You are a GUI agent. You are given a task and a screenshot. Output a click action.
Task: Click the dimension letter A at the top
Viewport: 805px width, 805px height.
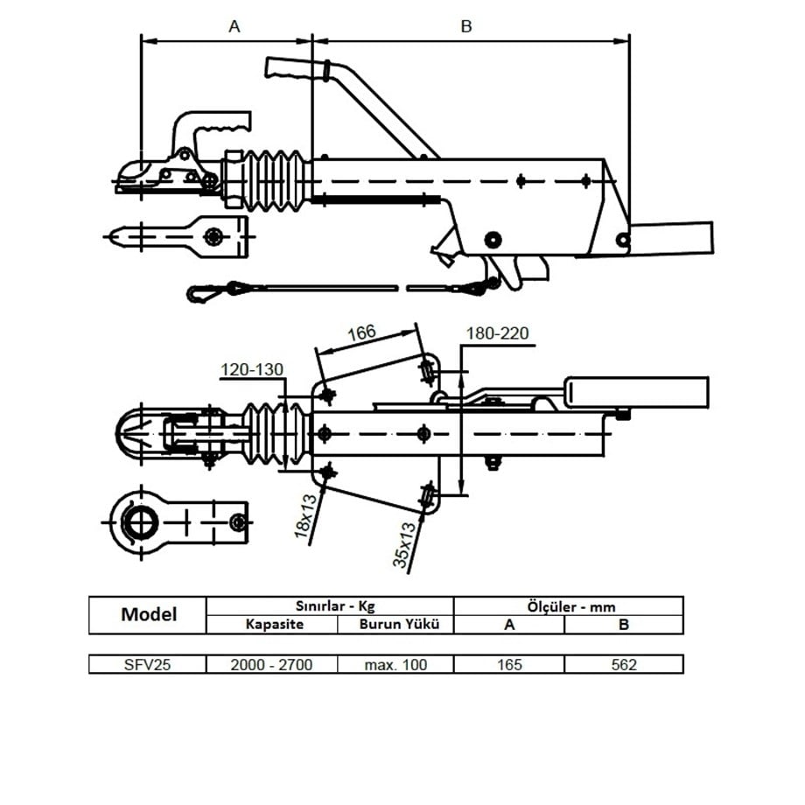[234, 26]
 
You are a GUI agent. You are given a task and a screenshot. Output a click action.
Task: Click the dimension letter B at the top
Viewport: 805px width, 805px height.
[466, 26]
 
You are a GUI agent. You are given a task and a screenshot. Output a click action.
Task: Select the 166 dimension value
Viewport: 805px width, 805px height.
[361, 332]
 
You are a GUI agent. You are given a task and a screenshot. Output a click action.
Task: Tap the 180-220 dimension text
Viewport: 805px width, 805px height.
[497, 333]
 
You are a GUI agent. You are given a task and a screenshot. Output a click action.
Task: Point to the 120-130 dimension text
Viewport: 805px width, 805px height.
[252, 369]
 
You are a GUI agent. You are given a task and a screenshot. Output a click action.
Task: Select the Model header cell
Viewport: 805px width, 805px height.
[148, 614]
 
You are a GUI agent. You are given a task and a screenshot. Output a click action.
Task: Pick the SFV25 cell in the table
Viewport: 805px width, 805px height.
[148, 664]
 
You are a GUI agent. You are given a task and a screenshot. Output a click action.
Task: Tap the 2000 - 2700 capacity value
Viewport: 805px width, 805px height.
[271, 664]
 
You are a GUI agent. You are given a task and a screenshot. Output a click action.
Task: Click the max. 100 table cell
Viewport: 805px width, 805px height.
[395, 664]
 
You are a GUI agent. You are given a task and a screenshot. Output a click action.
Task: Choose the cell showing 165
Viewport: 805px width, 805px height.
[509, 664]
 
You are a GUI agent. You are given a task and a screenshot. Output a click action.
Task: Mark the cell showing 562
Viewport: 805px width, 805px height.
[624, 664]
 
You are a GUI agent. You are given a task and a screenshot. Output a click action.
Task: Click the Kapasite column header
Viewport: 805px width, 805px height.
[271, 625]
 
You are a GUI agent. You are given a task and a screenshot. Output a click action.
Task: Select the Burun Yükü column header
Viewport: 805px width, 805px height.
[395, 625]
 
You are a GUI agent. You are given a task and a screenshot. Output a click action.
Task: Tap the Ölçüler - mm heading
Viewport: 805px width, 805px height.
[569, 605]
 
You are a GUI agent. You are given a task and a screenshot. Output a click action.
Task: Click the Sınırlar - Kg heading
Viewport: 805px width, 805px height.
[330, 605]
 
